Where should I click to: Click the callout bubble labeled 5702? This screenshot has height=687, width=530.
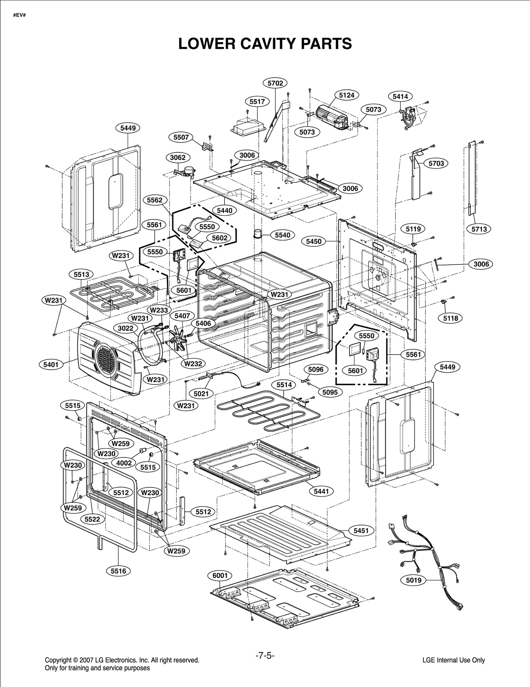pos(275,83)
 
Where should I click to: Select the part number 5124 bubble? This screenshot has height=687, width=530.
pos(346,95)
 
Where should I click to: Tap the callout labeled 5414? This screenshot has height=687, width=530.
pos(400,96)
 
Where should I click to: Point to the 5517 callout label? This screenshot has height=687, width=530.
pos(257,101)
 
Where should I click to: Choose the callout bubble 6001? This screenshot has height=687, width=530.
pos(220,576)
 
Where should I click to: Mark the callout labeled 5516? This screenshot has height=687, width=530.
pos(118,571)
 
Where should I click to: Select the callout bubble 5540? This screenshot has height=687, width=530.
pos(282,235)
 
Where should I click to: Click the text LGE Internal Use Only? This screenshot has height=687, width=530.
pos(453,660)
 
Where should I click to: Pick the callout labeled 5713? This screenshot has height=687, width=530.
pos(479,229)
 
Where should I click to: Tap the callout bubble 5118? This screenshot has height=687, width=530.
pos(450,318)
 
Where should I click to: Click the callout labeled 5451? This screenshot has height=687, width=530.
pos(361,531)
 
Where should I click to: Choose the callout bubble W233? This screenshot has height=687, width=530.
pos(159,310)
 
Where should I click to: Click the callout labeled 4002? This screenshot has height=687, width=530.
pos(124,463)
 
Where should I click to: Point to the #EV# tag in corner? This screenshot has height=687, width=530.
pos(19,16)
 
